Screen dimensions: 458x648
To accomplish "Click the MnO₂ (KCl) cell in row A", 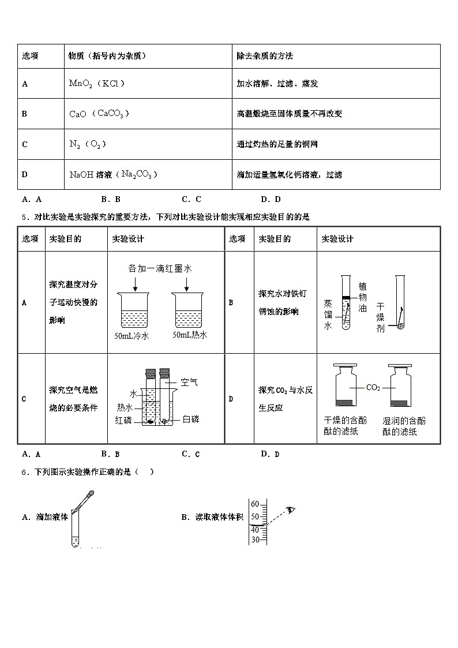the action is point(96,84).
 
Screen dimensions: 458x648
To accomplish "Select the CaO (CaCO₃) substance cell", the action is point(99,114).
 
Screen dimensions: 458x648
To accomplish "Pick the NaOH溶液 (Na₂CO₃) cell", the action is point(113,174).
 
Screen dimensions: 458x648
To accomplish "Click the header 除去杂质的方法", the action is point(265,56).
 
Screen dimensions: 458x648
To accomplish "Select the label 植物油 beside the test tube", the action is point(362,297).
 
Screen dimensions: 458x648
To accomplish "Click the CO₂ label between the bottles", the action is point(373,388).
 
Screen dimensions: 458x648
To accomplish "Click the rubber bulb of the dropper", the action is point(91,494).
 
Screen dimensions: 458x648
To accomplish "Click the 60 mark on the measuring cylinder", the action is point(254,504).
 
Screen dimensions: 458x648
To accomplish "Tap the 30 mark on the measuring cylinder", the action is point(254,540).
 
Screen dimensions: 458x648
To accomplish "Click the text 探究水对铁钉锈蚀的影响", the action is point(279,302).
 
